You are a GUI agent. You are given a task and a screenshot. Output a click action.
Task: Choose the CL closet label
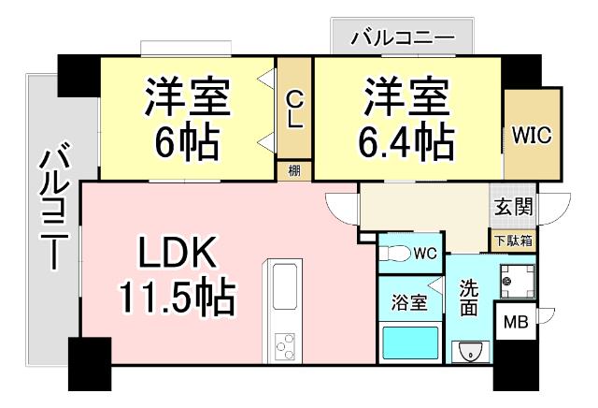click(294, 109)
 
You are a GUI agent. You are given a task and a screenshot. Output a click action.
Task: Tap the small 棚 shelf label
click(293, 170)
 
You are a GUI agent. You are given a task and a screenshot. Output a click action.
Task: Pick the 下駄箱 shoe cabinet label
click(513, 240)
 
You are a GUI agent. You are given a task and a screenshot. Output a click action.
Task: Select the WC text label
click(425, 253)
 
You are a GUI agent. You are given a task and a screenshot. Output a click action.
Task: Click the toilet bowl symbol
click(395, 253)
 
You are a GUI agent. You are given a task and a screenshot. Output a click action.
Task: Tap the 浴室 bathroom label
click(408, 303)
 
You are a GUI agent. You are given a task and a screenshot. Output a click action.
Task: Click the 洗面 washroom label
click(469, 299)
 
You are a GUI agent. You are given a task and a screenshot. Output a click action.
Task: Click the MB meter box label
click(515, 324)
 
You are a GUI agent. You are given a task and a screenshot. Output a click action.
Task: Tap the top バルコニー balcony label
click(402, 39)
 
